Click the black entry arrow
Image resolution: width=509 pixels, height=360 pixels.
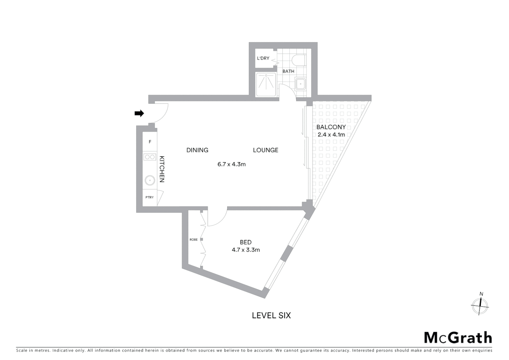click(x=139, y=113)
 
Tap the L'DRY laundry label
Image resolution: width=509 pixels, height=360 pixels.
click(x=263, y=58)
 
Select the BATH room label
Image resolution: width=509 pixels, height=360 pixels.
click(x=288, y=71)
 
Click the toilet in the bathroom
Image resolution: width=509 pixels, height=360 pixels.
click(x=299, y=60)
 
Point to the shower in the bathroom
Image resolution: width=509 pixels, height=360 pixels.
click(x=266, y=85)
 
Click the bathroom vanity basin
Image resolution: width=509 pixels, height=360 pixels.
click(x=300, y=84)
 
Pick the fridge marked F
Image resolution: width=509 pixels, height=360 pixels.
click(x=150, y=142)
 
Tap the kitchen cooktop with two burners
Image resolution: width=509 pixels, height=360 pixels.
click(x=150, y=157)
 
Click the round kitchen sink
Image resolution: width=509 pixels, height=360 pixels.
click(x=150, y=181)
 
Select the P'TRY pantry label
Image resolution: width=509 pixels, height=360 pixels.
click(x=150, y=197)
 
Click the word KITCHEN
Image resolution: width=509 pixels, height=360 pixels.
click(x=162, y=169)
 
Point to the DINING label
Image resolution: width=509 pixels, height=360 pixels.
click(x=197, y=150)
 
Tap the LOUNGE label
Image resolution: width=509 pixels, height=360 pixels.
click(x=265, y=150)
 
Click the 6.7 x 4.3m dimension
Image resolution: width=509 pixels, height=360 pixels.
click(x=232, y=164)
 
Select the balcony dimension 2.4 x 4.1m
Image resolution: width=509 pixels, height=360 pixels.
click(x=331, y=135)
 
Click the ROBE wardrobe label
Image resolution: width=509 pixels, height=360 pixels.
click(x=193, y=240)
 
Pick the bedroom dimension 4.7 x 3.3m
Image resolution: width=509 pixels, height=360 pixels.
click(x=246, y=250)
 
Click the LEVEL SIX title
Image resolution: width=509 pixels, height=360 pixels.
click(x=271, y=315)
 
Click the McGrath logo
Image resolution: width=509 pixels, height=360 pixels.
click(x=458, y=338)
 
